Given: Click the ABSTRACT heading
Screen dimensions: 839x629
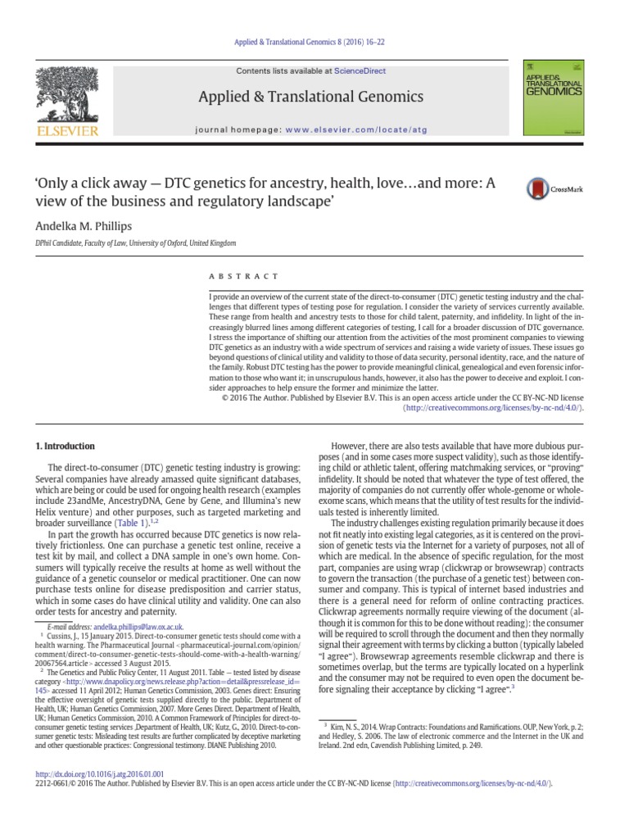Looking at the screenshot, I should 244,276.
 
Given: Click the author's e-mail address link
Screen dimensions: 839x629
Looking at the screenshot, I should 138,627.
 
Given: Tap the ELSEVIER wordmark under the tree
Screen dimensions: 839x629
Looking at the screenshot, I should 70,130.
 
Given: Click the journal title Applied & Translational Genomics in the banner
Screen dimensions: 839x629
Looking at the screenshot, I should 311,98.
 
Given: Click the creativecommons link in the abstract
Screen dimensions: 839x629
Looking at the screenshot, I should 496,406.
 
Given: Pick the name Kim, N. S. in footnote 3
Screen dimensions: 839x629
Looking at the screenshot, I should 348,703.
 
